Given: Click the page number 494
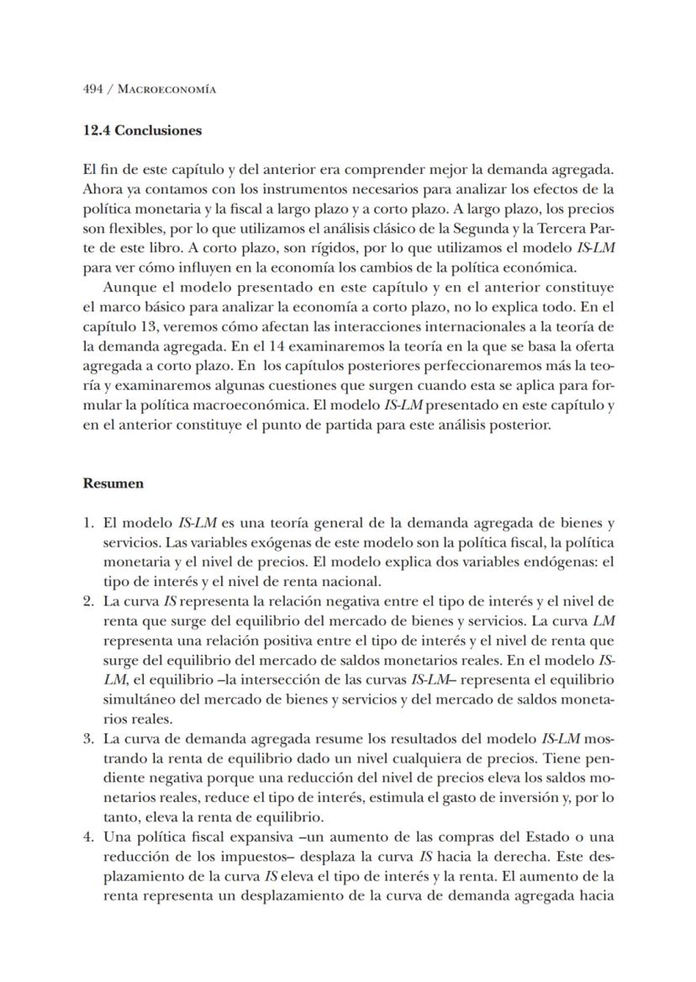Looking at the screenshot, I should coord(93,89).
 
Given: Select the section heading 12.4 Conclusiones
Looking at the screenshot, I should coord(142,130).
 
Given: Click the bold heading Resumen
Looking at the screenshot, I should coord(113,483).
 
